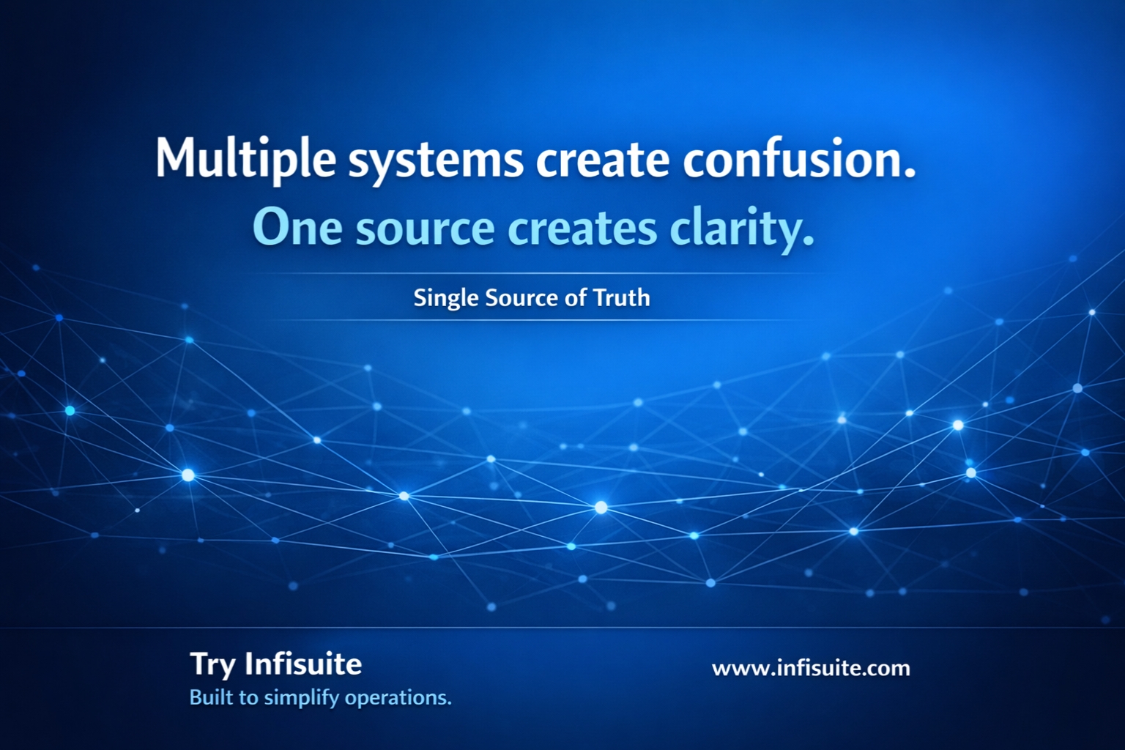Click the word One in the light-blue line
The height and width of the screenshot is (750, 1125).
(x=297, y=228)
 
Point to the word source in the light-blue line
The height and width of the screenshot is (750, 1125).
(x=425, y=229)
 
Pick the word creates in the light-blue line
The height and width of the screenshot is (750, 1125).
(x=583, y=229)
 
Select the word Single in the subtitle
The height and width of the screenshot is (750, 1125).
(x=445, y=298)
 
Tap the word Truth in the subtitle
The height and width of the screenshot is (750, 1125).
(x=622, y=297)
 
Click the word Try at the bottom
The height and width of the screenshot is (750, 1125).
(x=213, y=665)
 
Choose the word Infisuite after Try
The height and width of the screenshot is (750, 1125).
(x=303, y=664)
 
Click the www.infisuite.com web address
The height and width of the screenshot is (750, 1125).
(x=811, y=668)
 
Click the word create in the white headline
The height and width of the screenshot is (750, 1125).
(x=603, y=160)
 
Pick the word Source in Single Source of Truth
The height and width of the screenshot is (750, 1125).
(x=521, y=297)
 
